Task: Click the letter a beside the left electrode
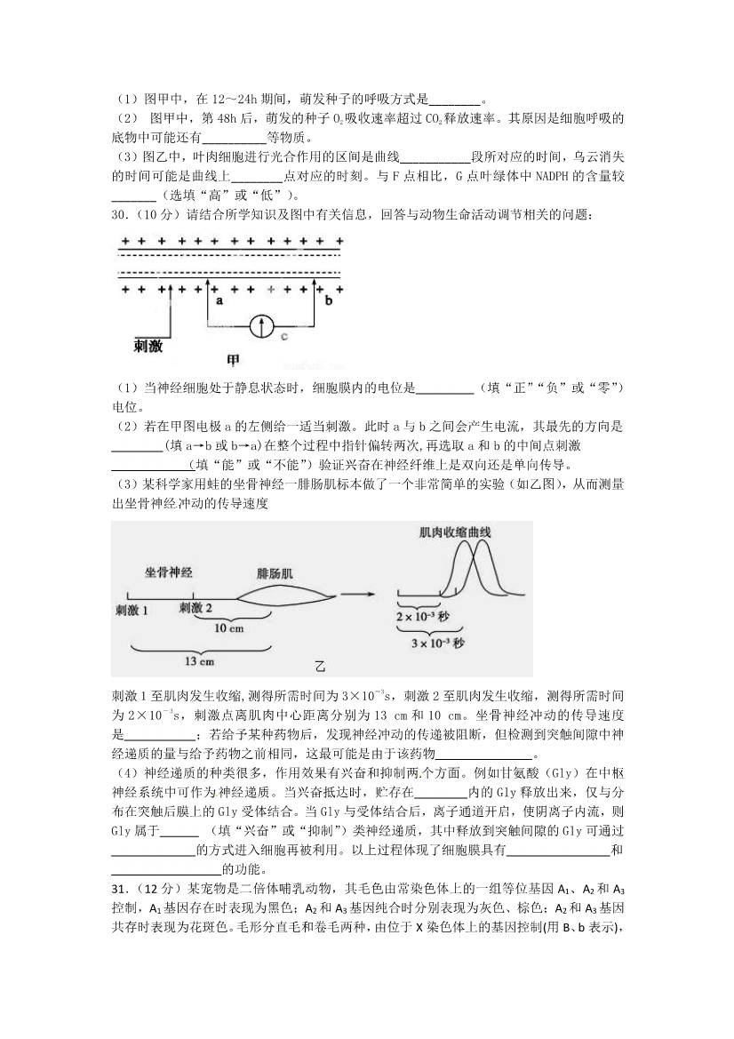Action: [x=217, y=301]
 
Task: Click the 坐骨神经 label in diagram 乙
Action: [x=170, y=572]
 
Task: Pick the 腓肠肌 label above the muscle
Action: [x=275, y=573]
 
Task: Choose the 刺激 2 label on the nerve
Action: [x=195, y=608]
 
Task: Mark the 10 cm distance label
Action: [x=229, y=627]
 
